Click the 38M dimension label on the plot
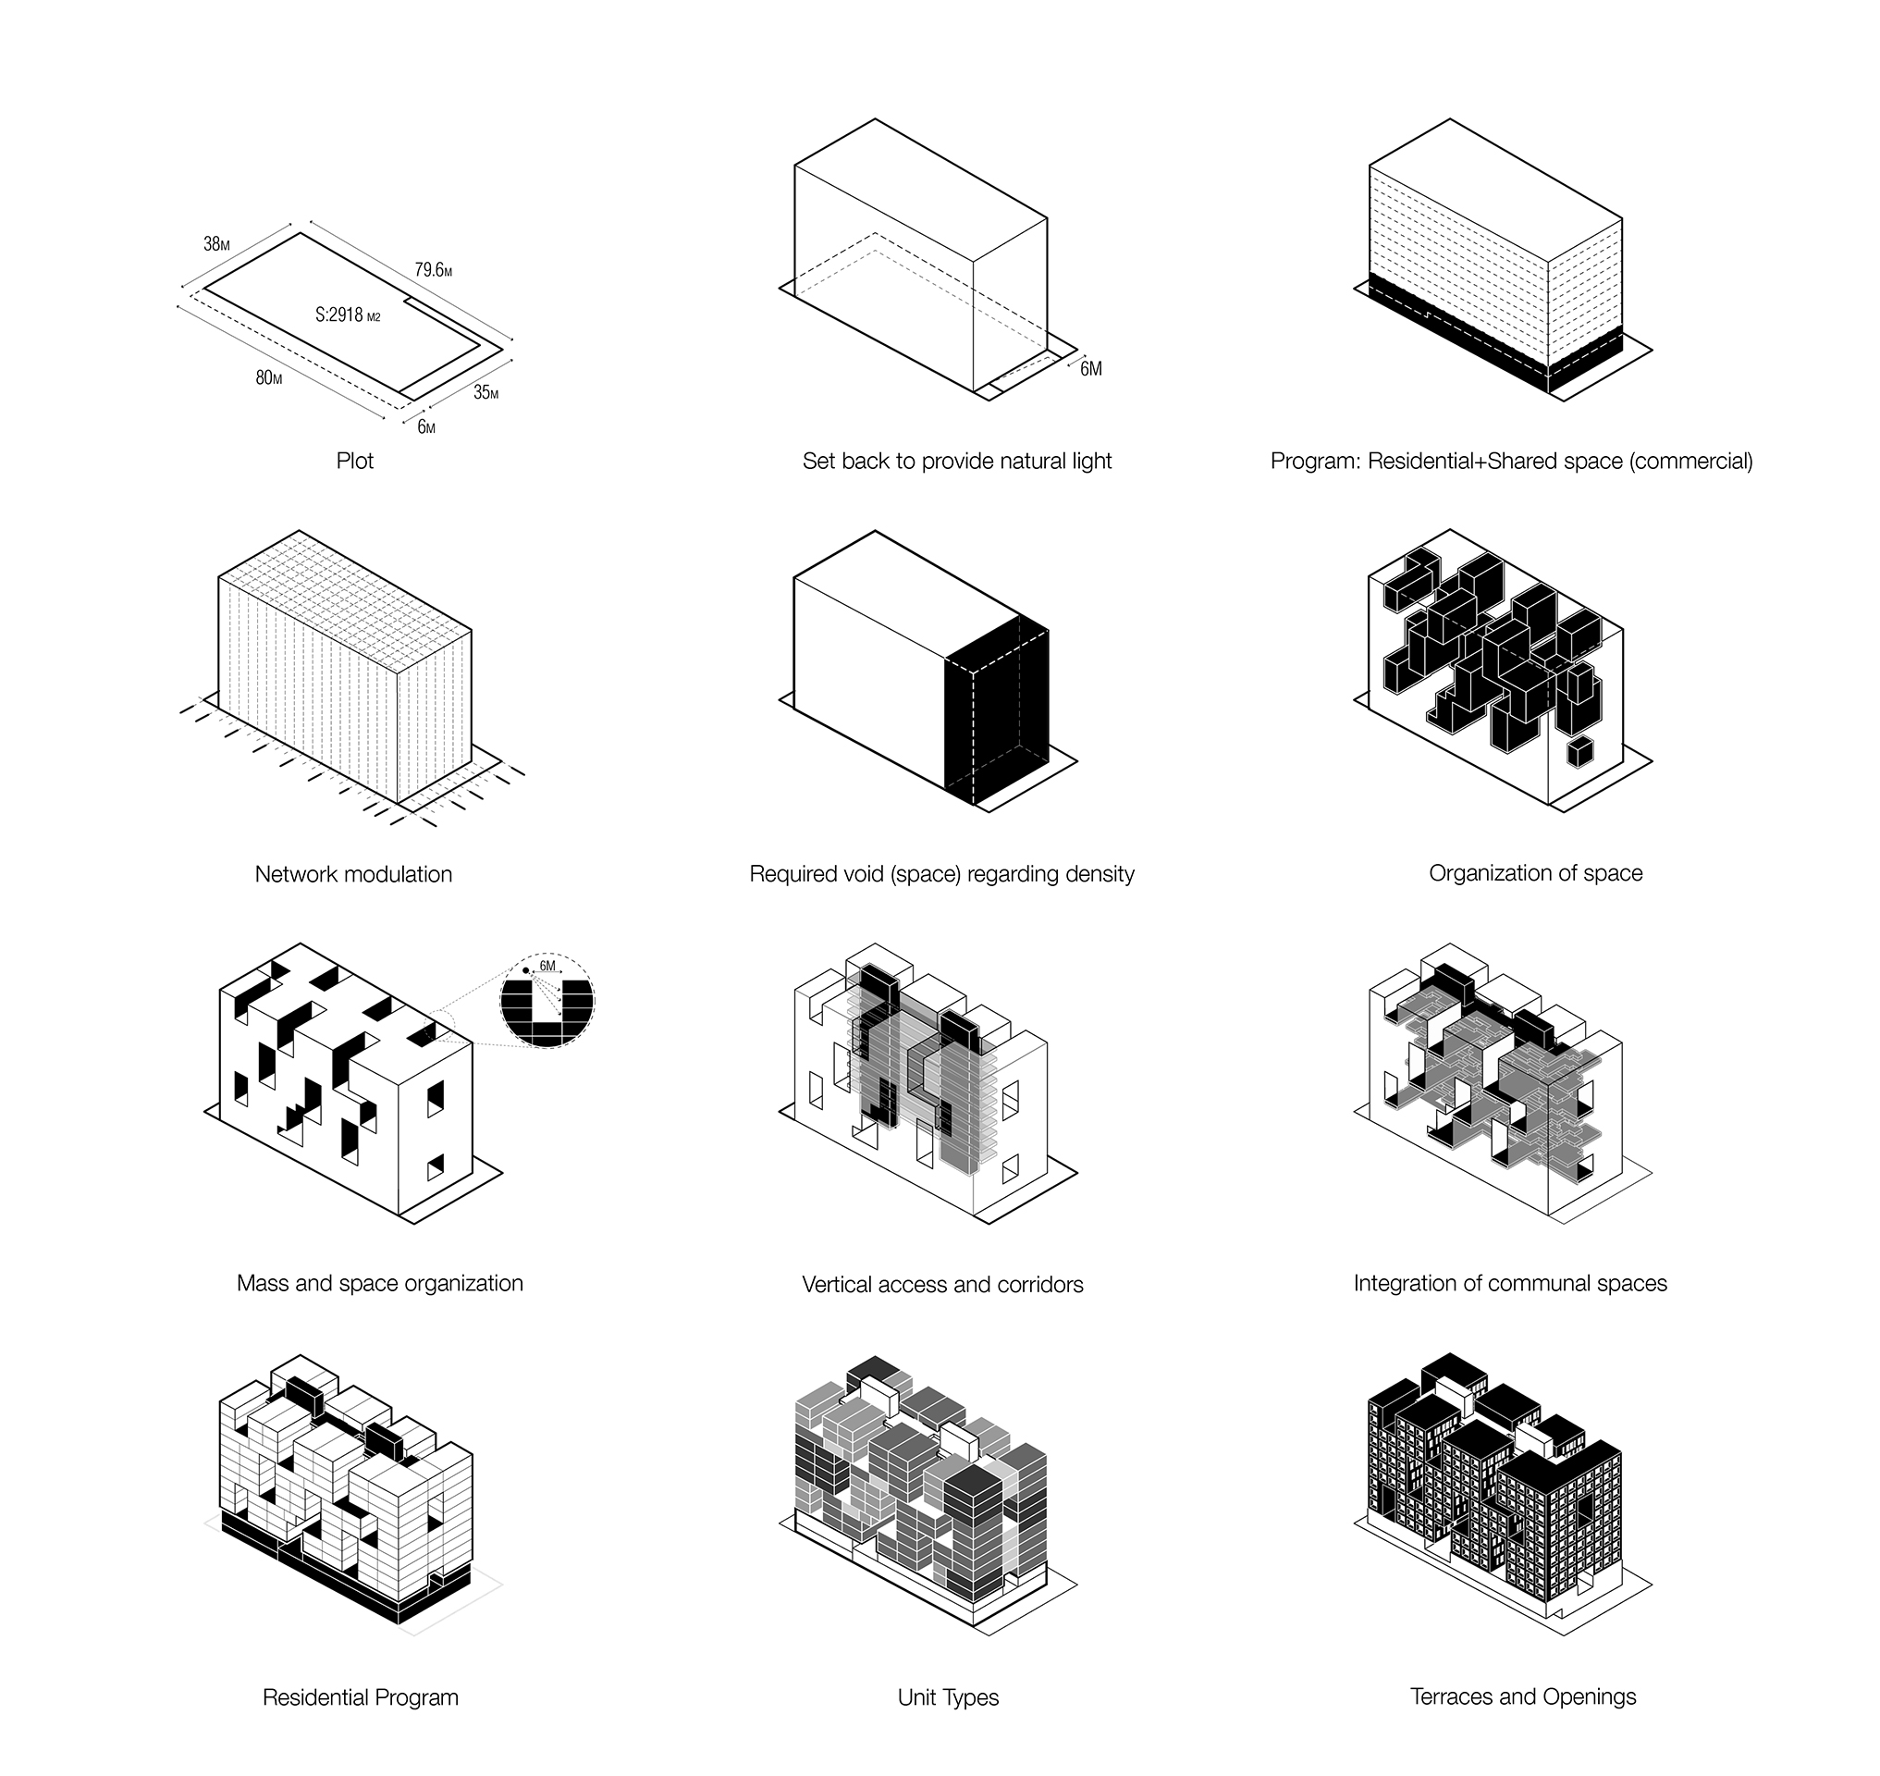[x=216, y=244]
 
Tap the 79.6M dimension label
[x=433, y=270]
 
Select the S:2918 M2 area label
[x=348, y=314]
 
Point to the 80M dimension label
[x=269, y=377]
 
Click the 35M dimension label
[x=485, y=392]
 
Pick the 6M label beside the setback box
[x=1090, y=368]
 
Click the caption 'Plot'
[x=355, y=461]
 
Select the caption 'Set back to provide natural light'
[x=957, y=461]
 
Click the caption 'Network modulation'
[x=353, y=874]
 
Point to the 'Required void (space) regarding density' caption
[x=942, y=874]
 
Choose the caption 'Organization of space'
[x=1535, y=873]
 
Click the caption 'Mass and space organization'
[x=379, y=1283]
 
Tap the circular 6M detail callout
[x=547, y=1000]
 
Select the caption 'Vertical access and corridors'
[x=942, y=1285]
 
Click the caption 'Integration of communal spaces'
[x=1510, y=1283]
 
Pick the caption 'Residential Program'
[x=360, y=1697]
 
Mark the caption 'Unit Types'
[x=948, y=1697]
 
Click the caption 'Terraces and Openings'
[x=1523, y=1696]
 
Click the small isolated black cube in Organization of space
[x=1579, y=752]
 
